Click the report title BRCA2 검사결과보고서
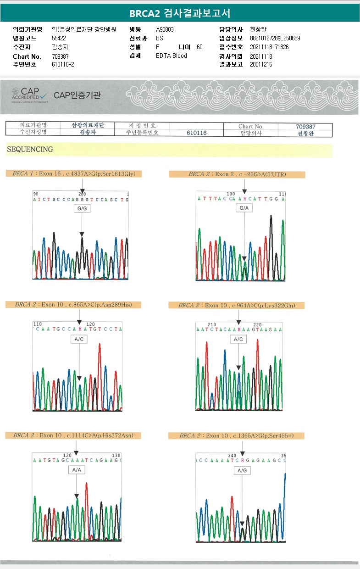click(x=180, y=13)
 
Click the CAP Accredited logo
click(x=30, y=95)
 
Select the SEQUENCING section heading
click(x=30, y=150)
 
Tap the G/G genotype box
click(x=82, y=209)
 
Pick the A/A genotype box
click(x=76, y=470)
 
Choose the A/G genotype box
click(x=242, y=471)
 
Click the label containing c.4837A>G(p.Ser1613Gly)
click(x=74, y=173)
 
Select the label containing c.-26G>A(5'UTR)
click(x=237, y=174)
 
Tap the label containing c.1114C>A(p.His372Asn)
click(x=73, y=435)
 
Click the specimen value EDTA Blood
click(x=172, y=56)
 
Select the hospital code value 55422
click(x=59, y=38)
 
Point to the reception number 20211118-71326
click(x=269, y=47)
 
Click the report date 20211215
click(x=261, y=64)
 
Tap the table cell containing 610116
click(x=197, y=133)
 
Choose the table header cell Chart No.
click(x=251, y=126)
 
